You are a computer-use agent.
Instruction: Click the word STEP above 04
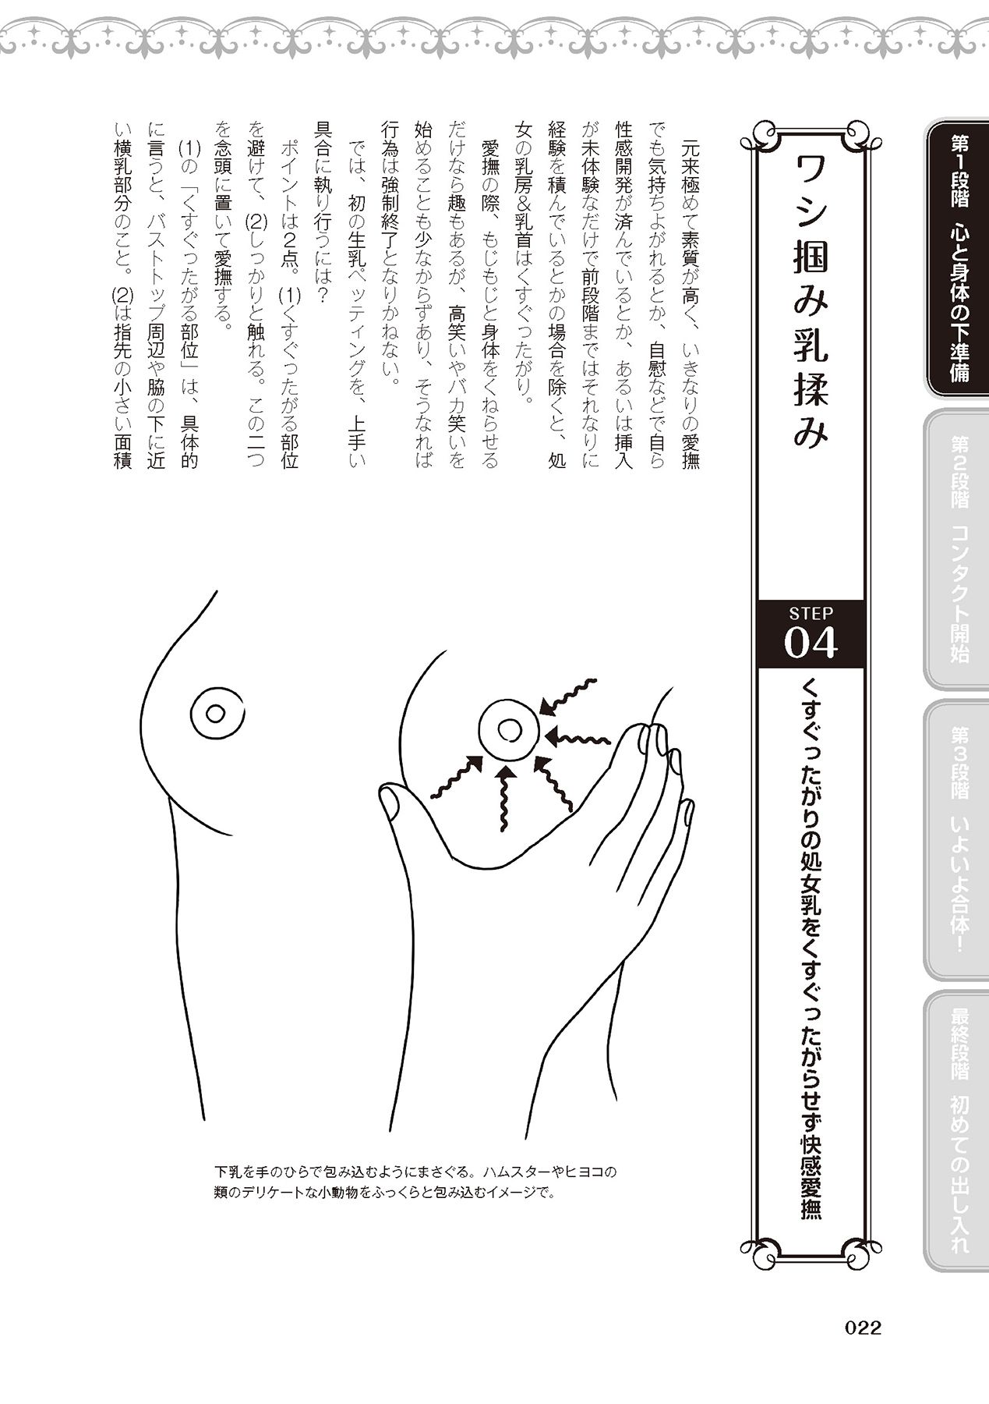click(811, 614)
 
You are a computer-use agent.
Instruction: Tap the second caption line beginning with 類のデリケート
click(387, 1194)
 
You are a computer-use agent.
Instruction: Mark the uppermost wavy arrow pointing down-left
click(570, 697)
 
